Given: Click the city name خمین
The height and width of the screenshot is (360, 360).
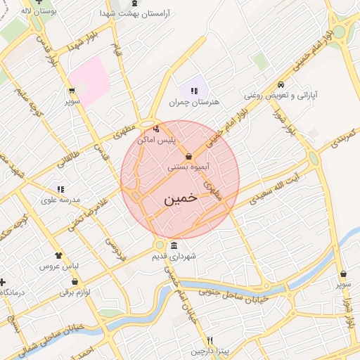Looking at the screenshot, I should [181, 199].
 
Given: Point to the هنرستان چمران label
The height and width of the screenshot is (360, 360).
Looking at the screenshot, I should [194, 102].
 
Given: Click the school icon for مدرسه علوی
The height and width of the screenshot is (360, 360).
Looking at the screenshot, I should [60, 190].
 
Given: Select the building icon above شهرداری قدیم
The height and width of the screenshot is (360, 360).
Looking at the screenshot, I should [174, 245].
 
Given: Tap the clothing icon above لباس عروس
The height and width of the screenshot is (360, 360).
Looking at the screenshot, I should [58, 256].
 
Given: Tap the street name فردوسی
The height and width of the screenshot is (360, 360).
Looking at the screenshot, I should [115, 250].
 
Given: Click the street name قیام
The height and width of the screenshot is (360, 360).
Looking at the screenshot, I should [117, 52].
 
